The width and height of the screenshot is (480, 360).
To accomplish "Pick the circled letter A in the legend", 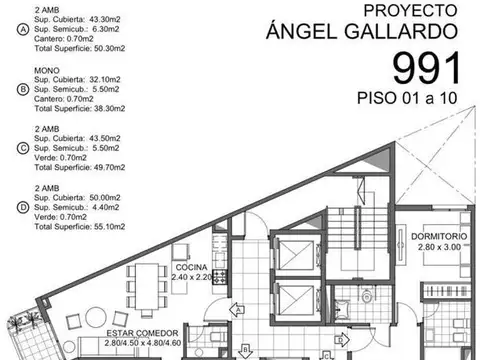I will [9, 29].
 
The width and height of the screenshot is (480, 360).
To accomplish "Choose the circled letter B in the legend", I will [9, 88].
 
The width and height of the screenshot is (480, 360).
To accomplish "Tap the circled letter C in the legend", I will [9, 148].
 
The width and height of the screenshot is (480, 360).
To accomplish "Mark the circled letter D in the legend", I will [9, 207].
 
